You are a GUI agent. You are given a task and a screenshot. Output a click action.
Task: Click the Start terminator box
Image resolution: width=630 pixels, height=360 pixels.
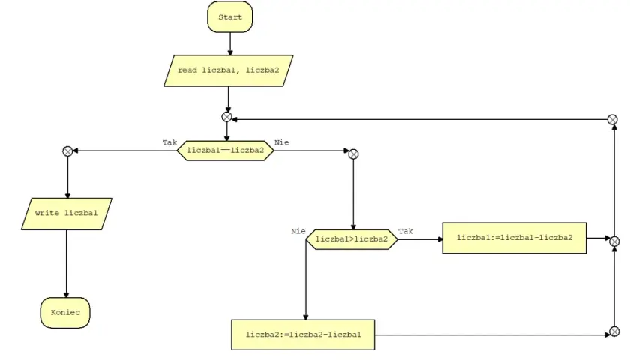(229, 16)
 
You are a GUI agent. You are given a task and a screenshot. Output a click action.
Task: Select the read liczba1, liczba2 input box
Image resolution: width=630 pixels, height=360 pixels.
(228, 70)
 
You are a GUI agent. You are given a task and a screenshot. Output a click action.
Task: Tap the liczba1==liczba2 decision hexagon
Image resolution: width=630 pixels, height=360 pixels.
(226, 151)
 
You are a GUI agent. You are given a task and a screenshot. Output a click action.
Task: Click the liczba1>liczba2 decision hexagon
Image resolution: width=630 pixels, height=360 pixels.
(352, 239)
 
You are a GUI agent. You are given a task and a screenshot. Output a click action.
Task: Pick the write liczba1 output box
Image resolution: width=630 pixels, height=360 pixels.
(67, 214)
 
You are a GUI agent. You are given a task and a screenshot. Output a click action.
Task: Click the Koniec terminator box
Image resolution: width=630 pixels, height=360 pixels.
(65, 313)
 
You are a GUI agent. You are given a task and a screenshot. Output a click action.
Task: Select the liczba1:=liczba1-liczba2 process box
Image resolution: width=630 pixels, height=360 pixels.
(514, 238)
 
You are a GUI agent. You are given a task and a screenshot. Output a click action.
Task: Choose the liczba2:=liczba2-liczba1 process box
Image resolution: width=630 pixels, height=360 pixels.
(303, 334)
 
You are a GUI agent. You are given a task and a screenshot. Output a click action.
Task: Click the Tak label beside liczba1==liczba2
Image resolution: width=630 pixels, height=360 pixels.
(169, 142)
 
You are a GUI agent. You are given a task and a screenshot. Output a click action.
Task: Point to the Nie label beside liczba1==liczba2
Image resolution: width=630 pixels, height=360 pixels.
(282, 142)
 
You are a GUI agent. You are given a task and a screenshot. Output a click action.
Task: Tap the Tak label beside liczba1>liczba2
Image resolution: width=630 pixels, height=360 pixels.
(406, 231)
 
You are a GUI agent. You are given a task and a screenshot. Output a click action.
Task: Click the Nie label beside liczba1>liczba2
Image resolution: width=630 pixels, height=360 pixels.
(298, 231)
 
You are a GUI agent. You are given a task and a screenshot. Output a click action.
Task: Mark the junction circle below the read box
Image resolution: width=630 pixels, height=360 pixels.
(227, 117)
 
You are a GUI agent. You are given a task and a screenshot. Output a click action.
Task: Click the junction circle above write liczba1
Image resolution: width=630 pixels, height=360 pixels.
(67, 151)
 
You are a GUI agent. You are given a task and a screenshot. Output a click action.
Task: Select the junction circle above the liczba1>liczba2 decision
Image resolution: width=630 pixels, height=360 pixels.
(353, 154)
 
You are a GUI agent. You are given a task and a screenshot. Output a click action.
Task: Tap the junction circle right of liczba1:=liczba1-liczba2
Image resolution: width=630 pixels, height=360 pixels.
(614, 241)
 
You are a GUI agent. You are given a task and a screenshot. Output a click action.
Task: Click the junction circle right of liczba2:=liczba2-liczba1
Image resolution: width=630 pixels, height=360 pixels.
(614, 331)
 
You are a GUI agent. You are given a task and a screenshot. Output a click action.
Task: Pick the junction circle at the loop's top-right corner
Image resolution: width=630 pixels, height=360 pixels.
(612, 120)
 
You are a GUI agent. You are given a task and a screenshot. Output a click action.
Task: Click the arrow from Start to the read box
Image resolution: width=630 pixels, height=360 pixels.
(230, 43)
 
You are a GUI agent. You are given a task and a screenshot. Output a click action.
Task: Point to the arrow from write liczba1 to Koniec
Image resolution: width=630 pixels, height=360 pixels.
(66, 263)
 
